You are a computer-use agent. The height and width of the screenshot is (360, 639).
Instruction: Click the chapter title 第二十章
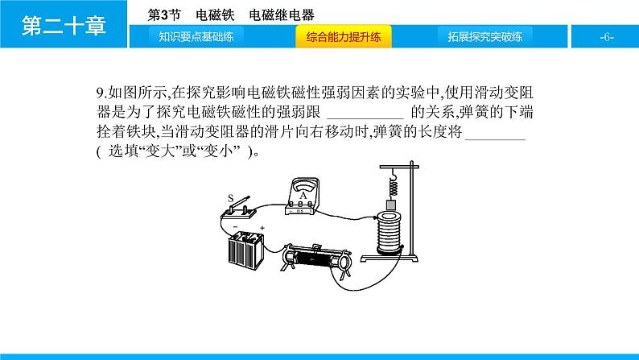(64, 25)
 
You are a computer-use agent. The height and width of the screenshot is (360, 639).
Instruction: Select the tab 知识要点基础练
(196, 37)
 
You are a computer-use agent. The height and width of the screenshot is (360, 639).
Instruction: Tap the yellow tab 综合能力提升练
(344, 37)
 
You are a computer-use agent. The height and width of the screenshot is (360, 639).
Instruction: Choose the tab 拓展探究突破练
(485, 37)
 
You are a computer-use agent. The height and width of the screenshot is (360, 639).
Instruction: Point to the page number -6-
(606, 37)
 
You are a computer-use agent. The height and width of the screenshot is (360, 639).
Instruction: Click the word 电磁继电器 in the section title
(282, 15)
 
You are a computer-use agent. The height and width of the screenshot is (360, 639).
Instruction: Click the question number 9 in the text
(100, 93)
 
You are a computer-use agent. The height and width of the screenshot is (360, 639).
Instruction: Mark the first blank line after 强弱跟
(365, 118)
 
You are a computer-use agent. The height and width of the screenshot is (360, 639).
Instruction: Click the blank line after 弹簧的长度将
(495, 139)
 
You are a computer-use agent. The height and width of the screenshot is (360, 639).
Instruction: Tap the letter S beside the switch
(231, 199)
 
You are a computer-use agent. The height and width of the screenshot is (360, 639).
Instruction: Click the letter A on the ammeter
(303, 196)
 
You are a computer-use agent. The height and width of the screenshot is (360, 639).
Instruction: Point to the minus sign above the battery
(235, 226)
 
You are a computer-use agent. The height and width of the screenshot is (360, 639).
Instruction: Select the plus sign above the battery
(262, 228)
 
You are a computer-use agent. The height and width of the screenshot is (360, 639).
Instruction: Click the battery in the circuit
(246, 250)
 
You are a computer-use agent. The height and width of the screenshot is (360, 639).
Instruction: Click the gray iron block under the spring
(391, 205)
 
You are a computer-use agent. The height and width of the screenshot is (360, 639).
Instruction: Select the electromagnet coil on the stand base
(390, 233)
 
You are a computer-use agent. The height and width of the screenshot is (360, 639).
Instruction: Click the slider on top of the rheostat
(316, 247)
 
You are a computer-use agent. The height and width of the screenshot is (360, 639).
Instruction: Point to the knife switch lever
(239, 203)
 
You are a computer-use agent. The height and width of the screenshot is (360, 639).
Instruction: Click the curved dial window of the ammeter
(303, 187)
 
